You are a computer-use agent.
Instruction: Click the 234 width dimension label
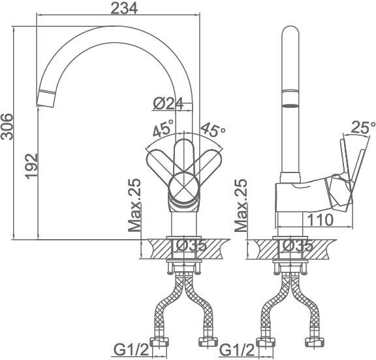coord(124,8)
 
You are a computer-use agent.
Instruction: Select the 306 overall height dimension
coord(7,127)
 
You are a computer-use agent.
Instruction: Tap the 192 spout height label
coord(31,166)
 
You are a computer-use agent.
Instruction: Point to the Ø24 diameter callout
coord(168,103)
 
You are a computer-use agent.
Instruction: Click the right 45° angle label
coord(213,130)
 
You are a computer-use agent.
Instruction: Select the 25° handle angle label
coord(362,127)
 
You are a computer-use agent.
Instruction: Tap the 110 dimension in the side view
coord(320,220)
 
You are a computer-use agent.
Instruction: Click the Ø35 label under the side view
coord(298,245)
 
